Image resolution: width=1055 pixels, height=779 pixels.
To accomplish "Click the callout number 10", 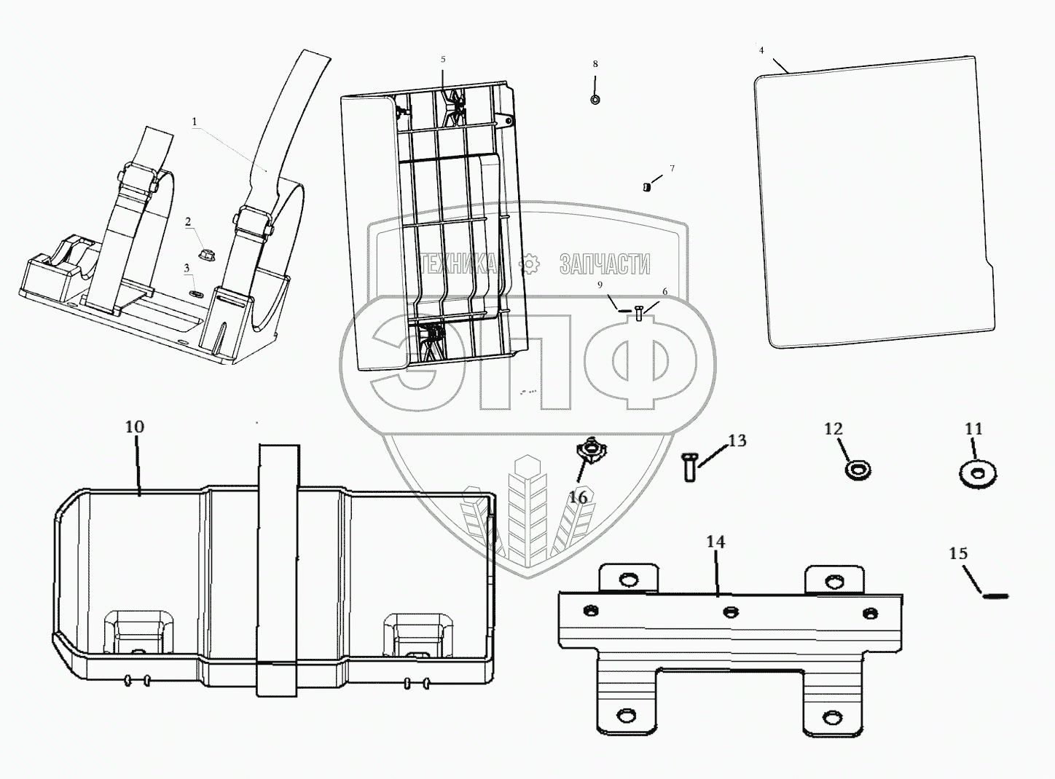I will pos(135,427).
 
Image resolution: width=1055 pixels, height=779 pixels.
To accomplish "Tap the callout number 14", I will pos(715,542).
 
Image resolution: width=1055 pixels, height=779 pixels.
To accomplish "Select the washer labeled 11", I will pos(978,475).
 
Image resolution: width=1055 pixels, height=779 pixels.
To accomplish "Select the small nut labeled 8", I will pos(595,100).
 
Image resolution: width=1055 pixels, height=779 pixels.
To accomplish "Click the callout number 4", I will pos(761,51).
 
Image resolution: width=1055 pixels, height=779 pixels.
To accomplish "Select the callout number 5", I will pos(443,59).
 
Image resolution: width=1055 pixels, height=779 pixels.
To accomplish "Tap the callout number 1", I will pos(195,122).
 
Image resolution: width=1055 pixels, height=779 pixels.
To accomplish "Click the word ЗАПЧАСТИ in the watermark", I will pos(604,264).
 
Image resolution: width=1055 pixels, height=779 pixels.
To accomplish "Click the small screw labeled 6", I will pos(638,312).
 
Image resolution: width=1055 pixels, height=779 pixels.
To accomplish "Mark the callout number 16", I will pos(577,498).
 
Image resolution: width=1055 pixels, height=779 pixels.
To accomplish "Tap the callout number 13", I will pos(737,440).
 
